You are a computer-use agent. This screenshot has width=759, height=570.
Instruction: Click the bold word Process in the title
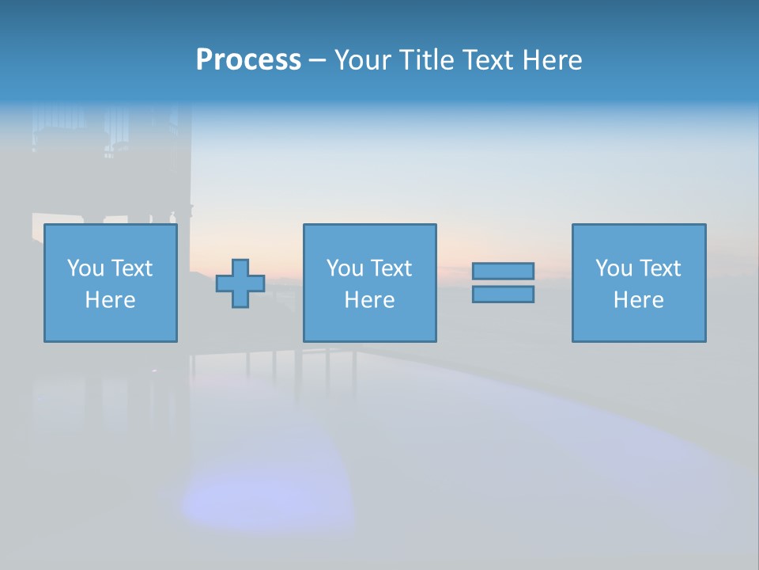[x=248, y=60]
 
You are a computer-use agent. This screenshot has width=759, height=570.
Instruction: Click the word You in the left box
[x=85, y=268]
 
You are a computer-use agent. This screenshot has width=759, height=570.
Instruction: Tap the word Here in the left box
[x=110, y=300]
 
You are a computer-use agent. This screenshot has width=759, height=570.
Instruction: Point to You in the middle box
[x=344, y=268]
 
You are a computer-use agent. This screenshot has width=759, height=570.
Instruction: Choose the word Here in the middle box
[x=369, y=300]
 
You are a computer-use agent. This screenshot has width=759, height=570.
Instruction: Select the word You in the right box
[x=613, y=268]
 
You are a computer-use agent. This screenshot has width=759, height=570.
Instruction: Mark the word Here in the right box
[x=638, y=300]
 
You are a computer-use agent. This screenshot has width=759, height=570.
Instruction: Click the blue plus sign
[x=240, y=283]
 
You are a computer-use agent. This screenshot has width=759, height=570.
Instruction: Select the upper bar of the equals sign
[x=503, y=271]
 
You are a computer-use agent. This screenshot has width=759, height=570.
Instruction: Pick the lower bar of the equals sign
[x=503, y=294]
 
